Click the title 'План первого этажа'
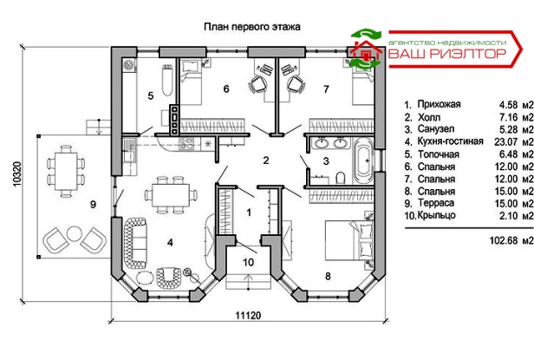tap(252, 27)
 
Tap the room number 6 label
tap(226, 89)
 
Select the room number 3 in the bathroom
tap(326, 160)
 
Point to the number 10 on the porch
tap(248, 262)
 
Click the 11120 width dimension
tap(248, 316)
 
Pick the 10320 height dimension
tap(17, 173)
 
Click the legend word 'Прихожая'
tap(439, 104)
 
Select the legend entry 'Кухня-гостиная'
tap(450, 141)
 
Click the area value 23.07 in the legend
tap(505, 141)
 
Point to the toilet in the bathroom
tap(341, 177)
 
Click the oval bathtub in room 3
tap(364, 160)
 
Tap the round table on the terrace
tap(74, 233)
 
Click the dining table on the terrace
tap(66, 171)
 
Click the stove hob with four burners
tap(186, 143)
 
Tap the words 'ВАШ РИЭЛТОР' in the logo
tap(447, 54)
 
